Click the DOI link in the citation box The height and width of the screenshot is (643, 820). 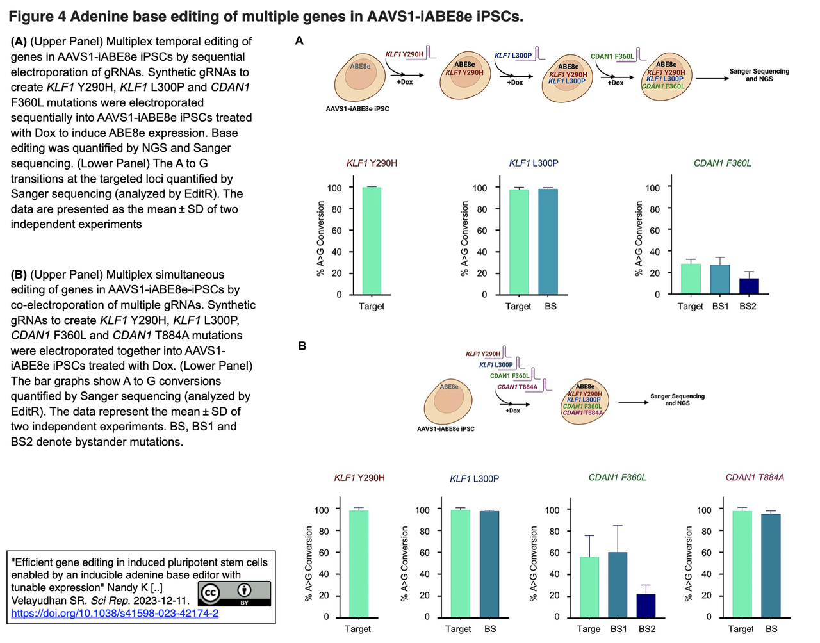[x=115, y=613]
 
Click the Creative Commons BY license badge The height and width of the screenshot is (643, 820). [x=234, y=594]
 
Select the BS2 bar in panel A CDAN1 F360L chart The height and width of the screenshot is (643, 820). [x=749, y=286]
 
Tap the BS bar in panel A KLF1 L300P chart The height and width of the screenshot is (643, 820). [x=548, y=241]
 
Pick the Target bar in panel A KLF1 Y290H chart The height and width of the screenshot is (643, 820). [x=372, y=241]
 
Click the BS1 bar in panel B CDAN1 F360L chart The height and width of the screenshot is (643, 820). [x=618, y=584]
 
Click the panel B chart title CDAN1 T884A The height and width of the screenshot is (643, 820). [x=755, y=478]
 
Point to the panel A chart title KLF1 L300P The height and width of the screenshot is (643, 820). [x=534, y=163]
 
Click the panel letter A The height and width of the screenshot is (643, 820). [x=299, y=41]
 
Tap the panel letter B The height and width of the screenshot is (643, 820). [x=302, y=346]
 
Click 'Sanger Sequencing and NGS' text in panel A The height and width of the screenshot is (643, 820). [x=759, y=75]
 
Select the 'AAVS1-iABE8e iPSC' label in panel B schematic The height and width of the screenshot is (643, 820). [x=445, y=429]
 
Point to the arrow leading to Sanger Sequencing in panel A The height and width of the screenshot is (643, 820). [x=711, y=79]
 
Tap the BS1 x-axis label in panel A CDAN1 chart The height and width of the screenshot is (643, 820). [x=721, y=307]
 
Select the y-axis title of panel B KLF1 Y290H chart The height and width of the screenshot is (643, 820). [x=309, y=564]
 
